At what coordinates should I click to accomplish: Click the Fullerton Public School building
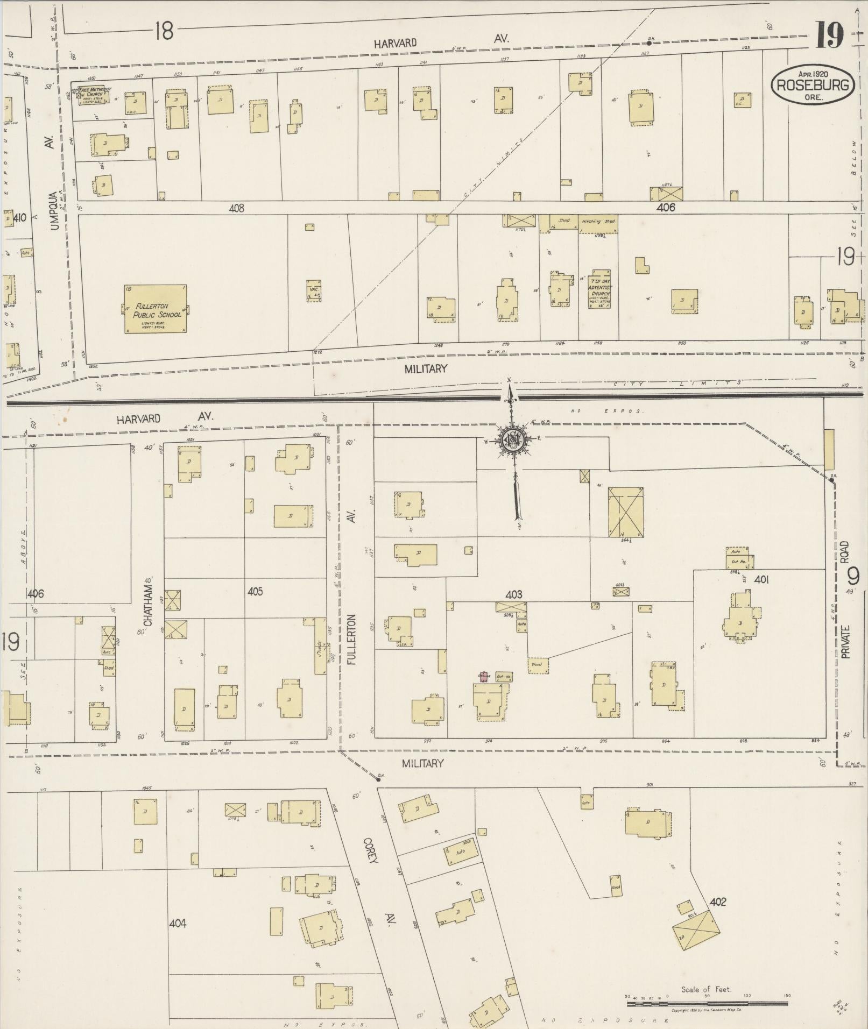pos(156,309)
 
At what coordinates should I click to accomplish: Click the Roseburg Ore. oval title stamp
pos(813,84)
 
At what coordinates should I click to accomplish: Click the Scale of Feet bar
pos(707,1002)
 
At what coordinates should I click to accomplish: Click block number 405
pos(255,592)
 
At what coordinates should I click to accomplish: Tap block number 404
pos(178,924)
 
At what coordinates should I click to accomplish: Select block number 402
pos(718,902)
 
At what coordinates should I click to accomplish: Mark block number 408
pos(236,208)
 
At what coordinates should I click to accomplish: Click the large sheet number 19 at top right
pos(829,36)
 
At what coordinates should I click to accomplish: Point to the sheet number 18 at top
pos(164,31)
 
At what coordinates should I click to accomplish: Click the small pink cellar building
pos(483,677)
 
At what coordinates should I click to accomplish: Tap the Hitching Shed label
pos(598,221)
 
